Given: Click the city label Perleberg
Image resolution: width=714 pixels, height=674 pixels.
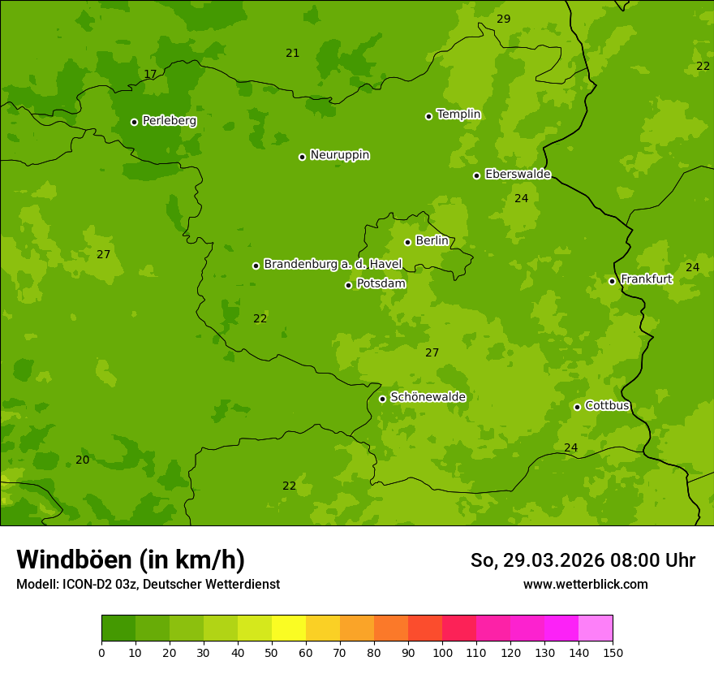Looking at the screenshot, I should [x=169, y=121].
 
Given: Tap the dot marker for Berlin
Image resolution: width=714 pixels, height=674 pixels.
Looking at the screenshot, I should [x=407, y=242].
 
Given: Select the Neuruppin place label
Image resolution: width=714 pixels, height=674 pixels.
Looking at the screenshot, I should [x=339, y=155].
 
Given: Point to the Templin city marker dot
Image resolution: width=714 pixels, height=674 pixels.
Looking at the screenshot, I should [x=428, y=116].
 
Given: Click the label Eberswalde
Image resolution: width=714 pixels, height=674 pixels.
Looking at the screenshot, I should [x=518, y=175].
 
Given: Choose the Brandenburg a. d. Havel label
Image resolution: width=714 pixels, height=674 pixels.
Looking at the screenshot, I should [x=333, y=265].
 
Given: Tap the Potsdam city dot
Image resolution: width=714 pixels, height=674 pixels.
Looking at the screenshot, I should [x=348, y=285].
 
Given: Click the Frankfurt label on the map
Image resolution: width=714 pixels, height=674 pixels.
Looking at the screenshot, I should [x=646, y=279].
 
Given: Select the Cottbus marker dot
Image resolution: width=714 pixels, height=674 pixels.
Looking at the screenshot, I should [x=577, y=407].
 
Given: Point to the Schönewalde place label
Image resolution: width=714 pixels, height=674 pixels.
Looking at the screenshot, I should [x=428, y=397].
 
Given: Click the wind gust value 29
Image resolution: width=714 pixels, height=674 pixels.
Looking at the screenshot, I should [x=504, y=19].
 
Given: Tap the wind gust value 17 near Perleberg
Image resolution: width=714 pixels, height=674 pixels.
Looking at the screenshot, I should [x=150, y=75].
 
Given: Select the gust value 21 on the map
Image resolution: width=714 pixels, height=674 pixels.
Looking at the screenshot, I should [x=293, y=54].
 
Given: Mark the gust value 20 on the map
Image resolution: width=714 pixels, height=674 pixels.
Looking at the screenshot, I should [x=83, y=460].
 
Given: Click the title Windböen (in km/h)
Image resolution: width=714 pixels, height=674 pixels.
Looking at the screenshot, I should [x=131, y=560].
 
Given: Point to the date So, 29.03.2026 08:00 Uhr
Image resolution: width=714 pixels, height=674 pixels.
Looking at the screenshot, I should [x=583, y=560].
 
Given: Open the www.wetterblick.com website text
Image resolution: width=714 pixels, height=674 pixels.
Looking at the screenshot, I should [x=585, y=585].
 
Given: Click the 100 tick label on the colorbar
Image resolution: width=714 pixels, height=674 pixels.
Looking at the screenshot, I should [x=442, y=652].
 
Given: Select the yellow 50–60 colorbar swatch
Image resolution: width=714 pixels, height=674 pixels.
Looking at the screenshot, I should [x=289, y=629].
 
